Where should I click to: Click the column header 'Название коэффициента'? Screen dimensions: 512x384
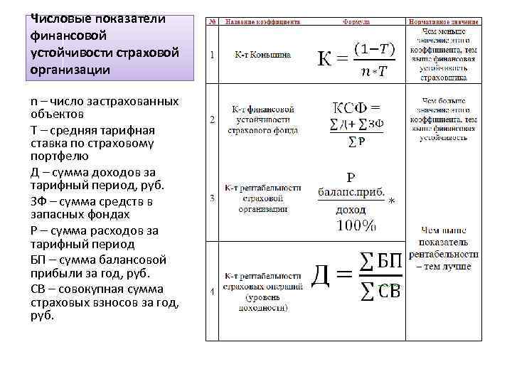(262, 23)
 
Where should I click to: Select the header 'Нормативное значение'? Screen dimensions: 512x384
(443, 23)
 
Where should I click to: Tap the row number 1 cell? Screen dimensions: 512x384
(212, 55)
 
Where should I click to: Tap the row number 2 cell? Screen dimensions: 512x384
(212, 120)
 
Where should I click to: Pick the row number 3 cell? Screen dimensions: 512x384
(212, 198)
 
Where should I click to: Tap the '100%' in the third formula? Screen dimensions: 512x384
(356, 226)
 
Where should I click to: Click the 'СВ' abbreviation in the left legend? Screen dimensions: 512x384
(38, 289)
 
